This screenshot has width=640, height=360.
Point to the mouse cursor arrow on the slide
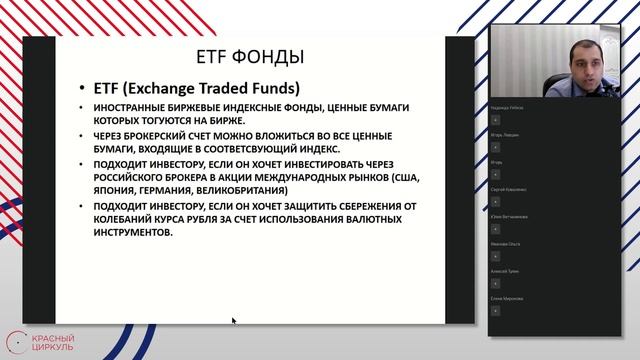(x=234, y=321)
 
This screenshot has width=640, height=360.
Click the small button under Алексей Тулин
(x=495, y=282)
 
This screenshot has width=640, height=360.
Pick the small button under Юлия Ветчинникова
(x=495, y=227)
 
